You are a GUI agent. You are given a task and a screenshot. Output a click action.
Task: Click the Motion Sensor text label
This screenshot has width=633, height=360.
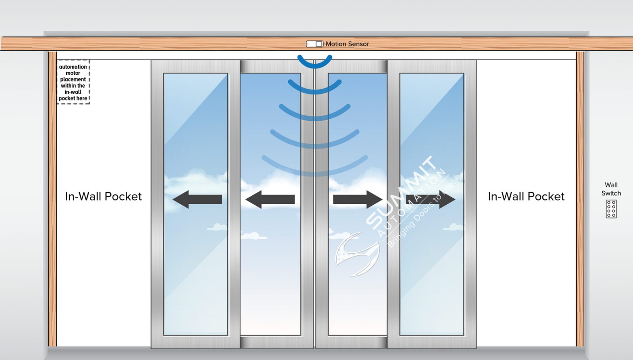click(347, 44)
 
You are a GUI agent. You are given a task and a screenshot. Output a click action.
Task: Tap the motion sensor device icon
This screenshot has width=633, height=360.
click(314, 44)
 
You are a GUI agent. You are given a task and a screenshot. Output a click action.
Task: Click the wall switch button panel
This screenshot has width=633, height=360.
click(611, 209)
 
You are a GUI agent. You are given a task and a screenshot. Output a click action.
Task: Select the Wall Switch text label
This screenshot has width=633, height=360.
click(611, 189)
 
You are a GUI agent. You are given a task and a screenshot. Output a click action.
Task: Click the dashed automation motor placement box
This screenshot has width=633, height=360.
click(73, 82)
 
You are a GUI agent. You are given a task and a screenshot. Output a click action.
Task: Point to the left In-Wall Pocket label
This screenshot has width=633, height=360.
click(103, 196)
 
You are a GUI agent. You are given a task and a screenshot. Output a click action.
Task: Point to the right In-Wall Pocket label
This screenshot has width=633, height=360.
click(526, 196)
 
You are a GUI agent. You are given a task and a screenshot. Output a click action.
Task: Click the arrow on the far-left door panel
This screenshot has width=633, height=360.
click(197, 199)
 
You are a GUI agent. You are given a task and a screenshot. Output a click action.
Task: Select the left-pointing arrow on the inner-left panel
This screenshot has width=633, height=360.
click(270, 199)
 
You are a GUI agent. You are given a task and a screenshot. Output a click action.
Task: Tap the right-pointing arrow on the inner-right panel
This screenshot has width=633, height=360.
click(357, 199)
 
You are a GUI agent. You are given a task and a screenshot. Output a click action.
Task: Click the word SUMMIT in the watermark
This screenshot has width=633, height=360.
click(401, 192)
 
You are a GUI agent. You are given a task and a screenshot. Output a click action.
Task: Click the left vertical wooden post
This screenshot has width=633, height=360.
click(52, 198)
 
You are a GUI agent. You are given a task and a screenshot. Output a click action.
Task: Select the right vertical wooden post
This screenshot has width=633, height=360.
click(580, 198)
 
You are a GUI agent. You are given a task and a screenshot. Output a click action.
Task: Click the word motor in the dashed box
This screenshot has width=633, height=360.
click(73, 73)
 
